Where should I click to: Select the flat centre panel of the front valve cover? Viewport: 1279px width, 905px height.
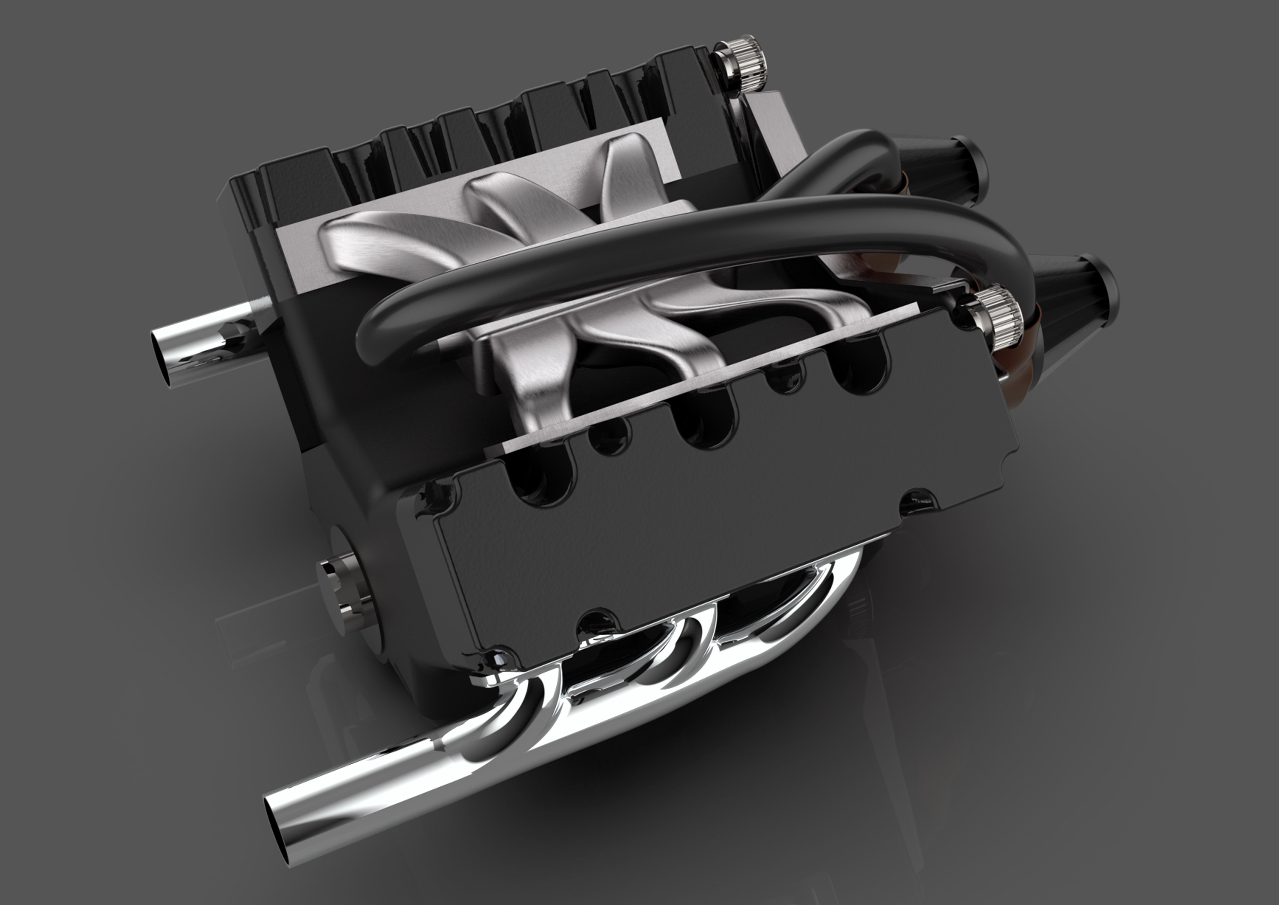[696, 535]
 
